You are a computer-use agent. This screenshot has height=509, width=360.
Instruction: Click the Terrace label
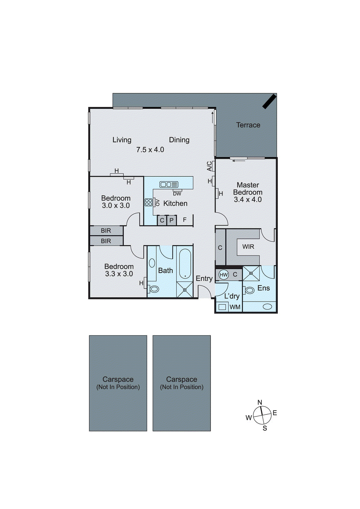coord(248,125)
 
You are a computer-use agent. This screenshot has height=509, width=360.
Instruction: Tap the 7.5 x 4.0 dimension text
coord(150,150)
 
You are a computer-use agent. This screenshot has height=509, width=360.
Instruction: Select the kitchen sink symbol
coord(169,185)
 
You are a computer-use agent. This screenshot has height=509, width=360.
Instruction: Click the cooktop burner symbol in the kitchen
coord(149,202)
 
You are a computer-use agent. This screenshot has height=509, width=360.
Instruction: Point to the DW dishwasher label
coord(177,194)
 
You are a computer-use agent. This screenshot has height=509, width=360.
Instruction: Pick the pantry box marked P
coord(171,220)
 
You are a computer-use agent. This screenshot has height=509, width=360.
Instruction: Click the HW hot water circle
coord(224,275)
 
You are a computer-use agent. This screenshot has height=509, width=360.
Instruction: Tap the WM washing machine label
coord(235,307)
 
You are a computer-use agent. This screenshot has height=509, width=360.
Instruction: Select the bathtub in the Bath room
coord(185,264)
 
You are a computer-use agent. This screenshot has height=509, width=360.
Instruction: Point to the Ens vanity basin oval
coord(267,306)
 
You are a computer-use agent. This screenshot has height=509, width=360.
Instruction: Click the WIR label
coord(248,247)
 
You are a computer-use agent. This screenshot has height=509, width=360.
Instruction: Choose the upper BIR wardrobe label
coord(106,231)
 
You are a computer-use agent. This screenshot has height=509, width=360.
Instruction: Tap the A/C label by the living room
coord(209,166)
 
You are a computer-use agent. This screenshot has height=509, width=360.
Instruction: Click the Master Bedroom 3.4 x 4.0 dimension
coord(248,200)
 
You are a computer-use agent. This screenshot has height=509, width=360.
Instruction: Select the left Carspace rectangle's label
coord(118,380)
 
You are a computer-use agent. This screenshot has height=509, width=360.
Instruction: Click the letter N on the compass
coord(260,402)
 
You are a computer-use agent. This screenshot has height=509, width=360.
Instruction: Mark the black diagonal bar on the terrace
coord(269,101)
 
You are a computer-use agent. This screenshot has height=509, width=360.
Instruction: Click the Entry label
coord(204,279)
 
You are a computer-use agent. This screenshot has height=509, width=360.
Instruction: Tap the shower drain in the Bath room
coord(185,290)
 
